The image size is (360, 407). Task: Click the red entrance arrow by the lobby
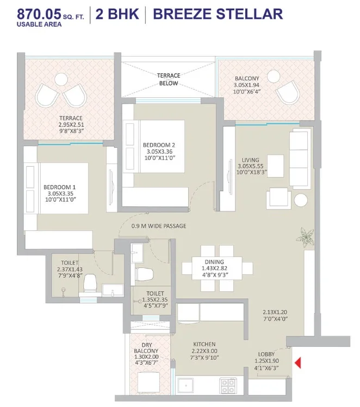pyautogui.click(x=298, y=362)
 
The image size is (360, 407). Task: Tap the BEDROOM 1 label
pyautogui.click(x=59, y=187)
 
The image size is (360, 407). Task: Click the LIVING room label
pyautogui.click(x=250, y=160)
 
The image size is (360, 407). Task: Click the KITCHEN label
pyautogui.click(x=204, y=344)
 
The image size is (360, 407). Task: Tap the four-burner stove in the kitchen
pyautogui.click(x=228, y=385)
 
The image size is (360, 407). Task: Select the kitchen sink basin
pyautogui.click(x=186, y=386)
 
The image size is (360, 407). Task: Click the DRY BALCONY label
pyautogui.click(x=146, y=348)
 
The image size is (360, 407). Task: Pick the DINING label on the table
pyautogui.click(x=214, y=262)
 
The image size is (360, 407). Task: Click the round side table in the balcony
pyautogui.click(x=274, y=77)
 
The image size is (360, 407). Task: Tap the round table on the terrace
pyautogui.click(x=61, y=79)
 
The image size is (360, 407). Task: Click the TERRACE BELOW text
pyautogui.click(x=169, y=79)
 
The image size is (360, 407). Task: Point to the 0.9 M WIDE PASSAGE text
pyautogui.click(x=159, y=226)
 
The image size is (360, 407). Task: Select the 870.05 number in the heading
pyautogui.click(x=39, y=14)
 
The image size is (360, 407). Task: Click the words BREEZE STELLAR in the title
pyautogui.click(x=218, y=14)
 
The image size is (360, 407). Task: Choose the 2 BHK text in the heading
pyautogui.click(x=117, y=14)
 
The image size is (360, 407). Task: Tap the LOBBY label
pyautogui.click(x=266, y=354)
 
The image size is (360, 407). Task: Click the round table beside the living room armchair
pyautogui.click(x=301, y=200)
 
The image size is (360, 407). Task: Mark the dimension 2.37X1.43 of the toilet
pyautogui.click(x=70, y=270)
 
